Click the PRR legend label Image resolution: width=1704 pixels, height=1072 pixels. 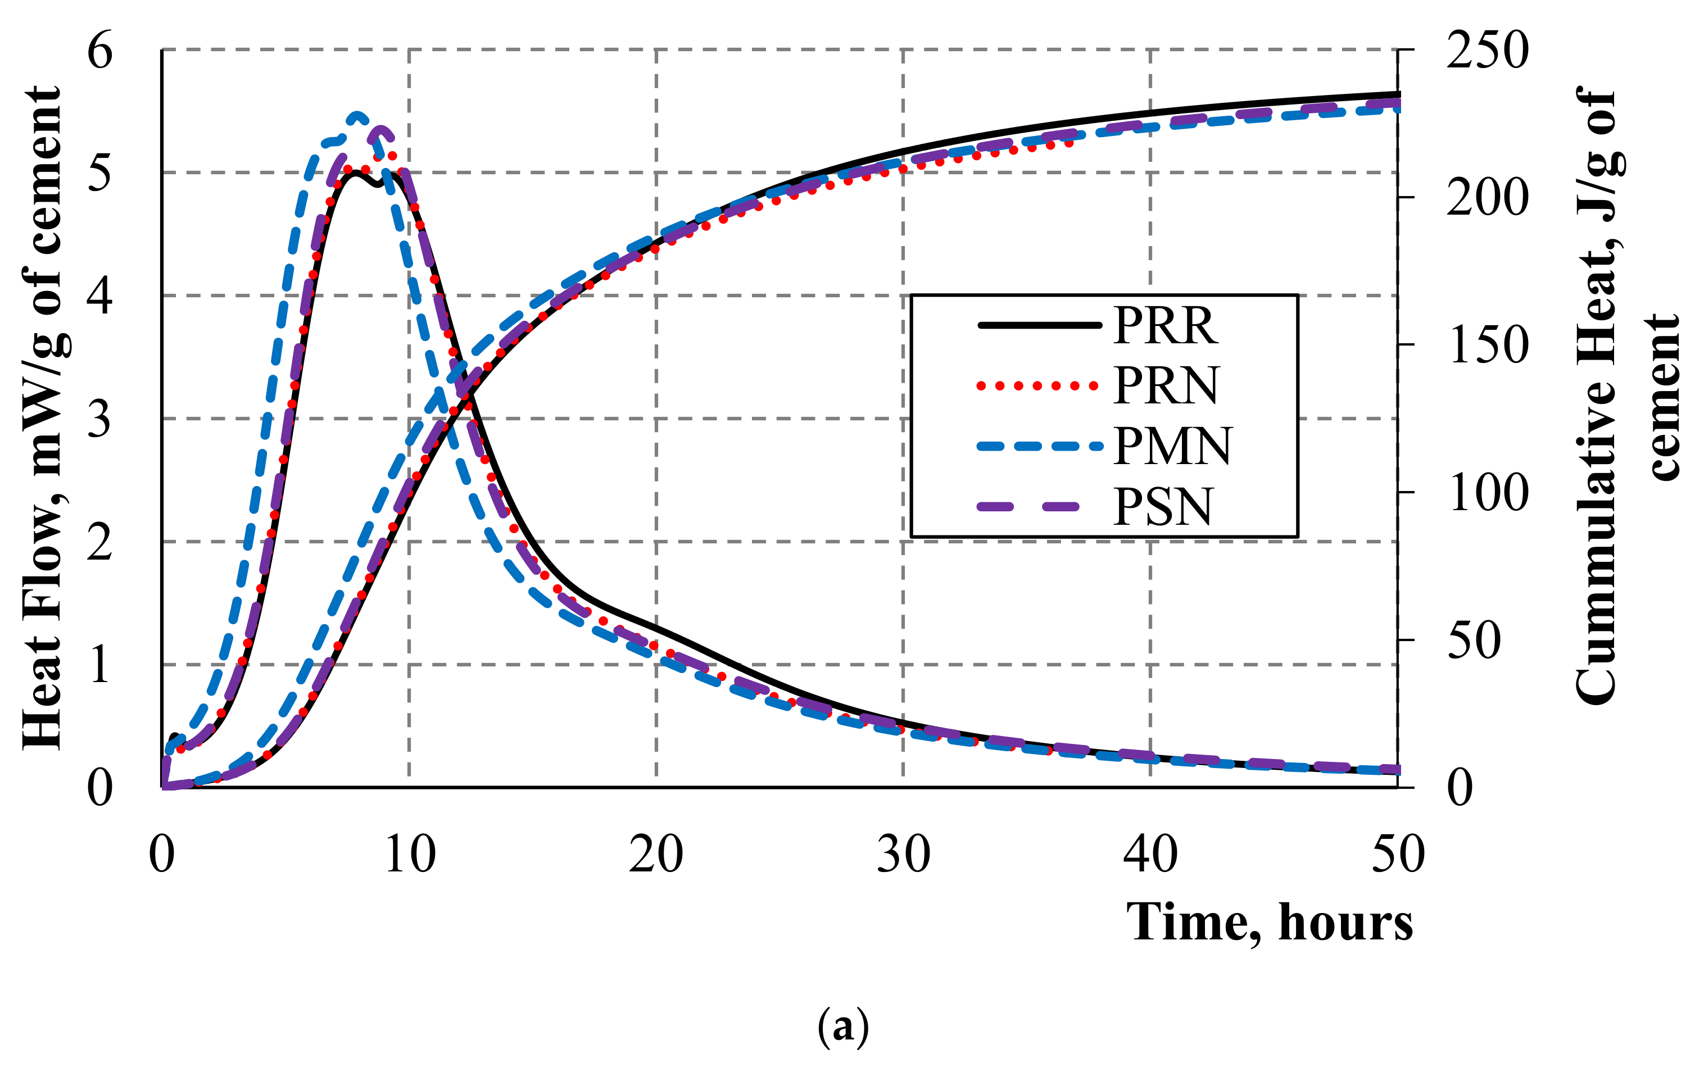coord(1166,326)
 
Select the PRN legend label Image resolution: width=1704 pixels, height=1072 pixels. coord(1166,387)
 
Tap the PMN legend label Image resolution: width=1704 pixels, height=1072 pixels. coord(1172,447)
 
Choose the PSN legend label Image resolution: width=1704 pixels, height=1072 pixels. coord(1163,507)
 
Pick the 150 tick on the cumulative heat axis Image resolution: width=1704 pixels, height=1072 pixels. coord(1487,346)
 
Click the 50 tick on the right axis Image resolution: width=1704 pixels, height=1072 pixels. coord(1474,641)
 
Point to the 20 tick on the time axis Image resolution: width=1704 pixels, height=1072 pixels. coord(656,855)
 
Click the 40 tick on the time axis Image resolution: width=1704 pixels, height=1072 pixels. coord(1150,855)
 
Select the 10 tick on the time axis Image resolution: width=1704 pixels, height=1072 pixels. coord(410,855)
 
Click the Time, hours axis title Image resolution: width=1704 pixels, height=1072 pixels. coord(1270,923)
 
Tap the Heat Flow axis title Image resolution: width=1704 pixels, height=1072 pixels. coord(44,417)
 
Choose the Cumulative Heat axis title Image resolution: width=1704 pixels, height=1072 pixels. coord(1628,396)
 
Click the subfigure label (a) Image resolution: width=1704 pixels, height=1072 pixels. coord(843,1026)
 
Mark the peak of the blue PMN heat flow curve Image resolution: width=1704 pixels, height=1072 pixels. coord(357,115)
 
